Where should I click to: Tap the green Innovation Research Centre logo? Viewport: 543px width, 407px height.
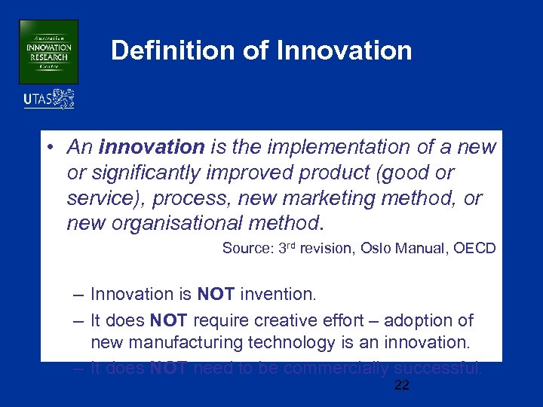[48, 51]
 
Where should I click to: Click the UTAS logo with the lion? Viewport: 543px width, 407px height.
[49, 99]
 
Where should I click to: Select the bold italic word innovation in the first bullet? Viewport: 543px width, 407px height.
[151, 146]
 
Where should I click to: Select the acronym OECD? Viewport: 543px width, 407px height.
[474, 249]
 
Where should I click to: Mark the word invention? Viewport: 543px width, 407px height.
[267, 295]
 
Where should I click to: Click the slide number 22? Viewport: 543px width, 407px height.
[402, 386]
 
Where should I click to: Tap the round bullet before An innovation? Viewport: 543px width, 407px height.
[48, 147]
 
